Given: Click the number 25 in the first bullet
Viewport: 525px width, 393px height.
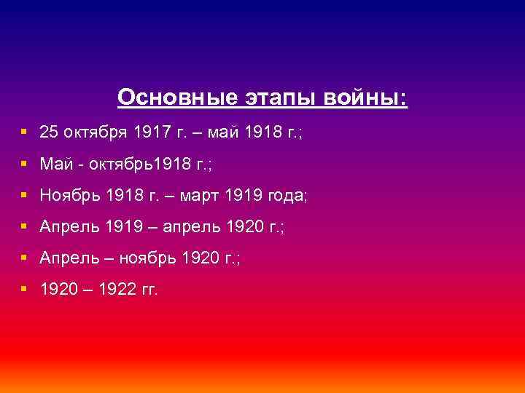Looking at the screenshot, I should (48, 133).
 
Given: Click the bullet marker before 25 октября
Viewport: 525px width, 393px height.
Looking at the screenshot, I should (25, 133).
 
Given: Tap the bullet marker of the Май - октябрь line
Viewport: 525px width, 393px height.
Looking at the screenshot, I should (25, 164).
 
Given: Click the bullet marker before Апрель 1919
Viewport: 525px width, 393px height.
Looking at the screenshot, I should (25, 227).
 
